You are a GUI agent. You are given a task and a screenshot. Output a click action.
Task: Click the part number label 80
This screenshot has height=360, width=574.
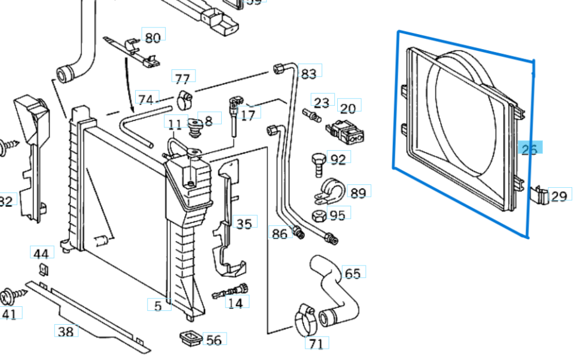(152, 38)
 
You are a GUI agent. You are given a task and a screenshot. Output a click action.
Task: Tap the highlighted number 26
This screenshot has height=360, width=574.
(529, 149)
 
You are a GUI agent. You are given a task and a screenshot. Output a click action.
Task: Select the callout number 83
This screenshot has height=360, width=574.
(308, 74)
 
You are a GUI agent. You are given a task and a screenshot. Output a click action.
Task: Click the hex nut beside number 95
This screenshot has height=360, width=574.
(318, 215)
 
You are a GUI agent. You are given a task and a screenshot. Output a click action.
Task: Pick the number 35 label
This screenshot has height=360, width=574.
(243, 224)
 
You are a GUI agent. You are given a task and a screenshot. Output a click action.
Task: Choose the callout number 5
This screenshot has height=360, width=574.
(157, 306)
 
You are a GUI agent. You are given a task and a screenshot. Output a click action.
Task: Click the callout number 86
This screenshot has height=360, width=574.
(279, 234)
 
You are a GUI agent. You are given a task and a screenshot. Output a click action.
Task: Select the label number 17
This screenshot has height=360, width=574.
(248, 114)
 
